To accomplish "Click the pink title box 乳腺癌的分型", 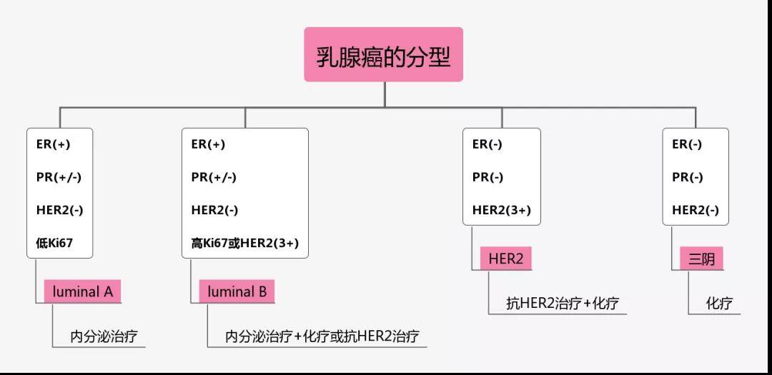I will coord(384,55).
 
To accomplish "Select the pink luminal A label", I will coord(83,291).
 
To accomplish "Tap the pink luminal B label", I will coord(237,291).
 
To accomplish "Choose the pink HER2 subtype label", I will coord(506,259).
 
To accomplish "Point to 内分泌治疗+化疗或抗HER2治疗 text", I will coord(322,336).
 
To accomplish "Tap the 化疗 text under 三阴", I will coord(719,303).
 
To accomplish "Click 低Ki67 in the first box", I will coord(54,244).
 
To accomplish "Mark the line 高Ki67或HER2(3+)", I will coord(244,244).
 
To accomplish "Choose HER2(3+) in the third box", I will coord(502,210).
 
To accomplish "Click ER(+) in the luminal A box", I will coord(53,144).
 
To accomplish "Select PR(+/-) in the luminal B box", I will coord(214,177).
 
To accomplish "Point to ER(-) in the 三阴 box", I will coord(687,144).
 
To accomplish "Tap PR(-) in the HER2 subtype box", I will coord(488,177).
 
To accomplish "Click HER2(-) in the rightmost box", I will coord(696,210).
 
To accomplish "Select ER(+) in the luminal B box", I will coord(208,144).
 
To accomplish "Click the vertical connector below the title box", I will coord(385,94).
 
